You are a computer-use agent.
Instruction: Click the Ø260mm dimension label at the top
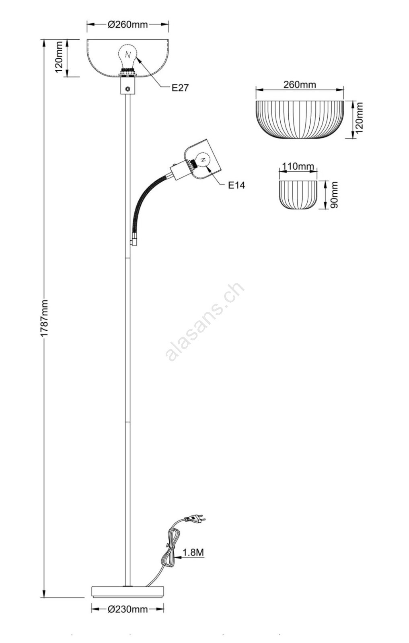128,25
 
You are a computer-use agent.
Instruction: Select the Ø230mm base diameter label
128,609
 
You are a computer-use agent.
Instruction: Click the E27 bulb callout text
180,88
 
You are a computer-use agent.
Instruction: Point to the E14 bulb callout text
236,185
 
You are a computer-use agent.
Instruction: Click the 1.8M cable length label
193,552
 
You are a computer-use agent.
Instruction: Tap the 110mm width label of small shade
298,166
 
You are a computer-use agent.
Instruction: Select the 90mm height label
334,195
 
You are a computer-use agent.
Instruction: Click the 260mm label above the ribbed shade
300,85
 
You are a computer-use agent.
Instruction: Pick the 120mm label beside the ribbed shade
359,118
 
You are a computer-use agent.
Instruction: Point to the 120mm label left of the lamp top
59,57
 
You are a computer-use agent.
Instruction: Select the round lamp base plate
128,592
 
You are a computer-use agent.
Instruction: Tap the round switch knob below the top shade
127,90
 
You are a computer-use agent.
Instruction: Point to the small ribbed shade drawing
298,195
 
